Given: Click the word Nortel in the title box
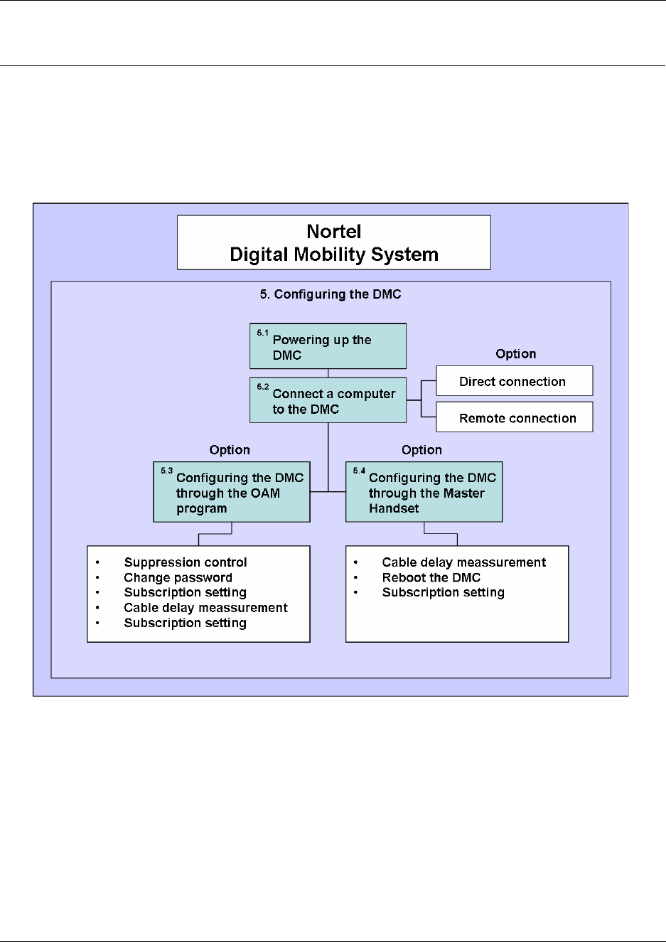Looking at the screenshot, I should tap(334, 232).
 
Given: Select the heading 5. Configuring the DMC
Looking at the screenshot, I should tap(331, 294).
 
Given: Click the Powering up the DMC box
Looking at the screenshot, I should tap(328, 347).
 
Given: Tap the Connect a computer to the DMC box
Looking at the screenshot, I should tap(328, 401).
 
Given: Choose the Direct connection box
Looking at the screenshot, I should tap(513, 382).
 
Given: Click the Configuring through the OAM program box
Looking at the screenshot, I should tap(232, 493).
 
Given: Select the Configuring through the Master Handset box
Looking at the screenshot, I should tap(424, 493).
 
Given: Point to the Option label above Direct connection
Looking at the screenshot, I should tap(516, 354).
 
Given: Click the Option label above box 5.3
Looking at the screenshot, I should tap(230, 450).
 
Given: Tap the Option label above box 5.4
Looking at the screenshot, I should tap(421, 450).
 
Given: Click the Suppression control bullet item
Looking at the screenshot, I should tap(186, 562).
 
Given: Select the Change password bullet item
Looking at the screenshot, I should tap(178, 578).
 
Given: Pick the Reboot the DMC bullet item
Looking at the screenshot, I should tap(431, 578).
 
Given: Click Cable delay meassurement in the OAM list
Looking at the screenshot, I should tap(205, 608).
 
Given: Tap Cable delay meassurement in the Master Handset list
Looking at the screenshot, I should tap(464, 562).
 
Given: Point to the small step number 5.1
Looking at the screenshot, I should tap(263, 333).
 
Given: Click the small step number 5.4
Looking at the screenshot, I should tap(359, 471).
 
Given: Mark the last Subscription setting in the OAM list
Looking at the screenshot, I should tap(185, 623).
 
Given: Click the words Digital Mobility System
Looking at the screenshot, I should tap(334, 255).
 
